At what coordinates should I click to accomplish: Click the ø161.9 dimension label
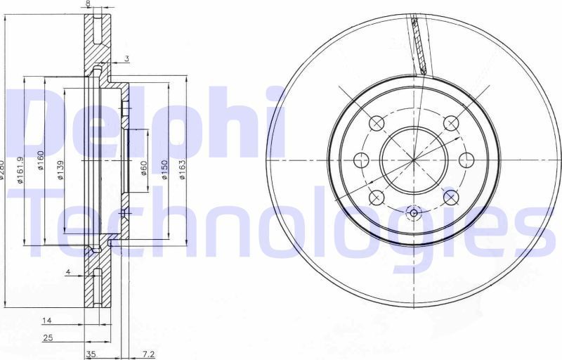click(22, 170)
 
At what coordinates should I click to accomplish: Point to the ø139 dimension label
click(60, 170)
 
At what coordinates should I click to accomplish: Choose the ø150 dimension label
click(164, 170)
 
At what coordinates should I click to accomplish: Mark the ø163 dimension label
click(183, 170)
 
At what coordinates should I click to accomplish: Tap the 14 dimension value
click(47, 321)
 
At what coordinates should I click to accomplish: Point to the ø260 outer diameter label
click(3, 170)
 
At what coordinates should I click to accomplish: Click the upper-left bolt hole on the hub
click(378, 124)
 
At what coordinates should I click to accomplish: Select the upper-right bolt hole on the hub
click(450, 124)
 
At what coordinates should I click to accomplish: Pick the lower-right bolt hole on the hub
click(450, 196)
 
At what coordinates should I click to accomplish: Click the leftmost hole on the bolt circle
click(362, 160)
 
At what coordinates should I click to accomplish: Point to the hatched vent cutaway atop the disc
click(419, 46)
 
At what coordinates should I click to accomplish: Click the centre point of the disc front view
click(414, 160)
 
